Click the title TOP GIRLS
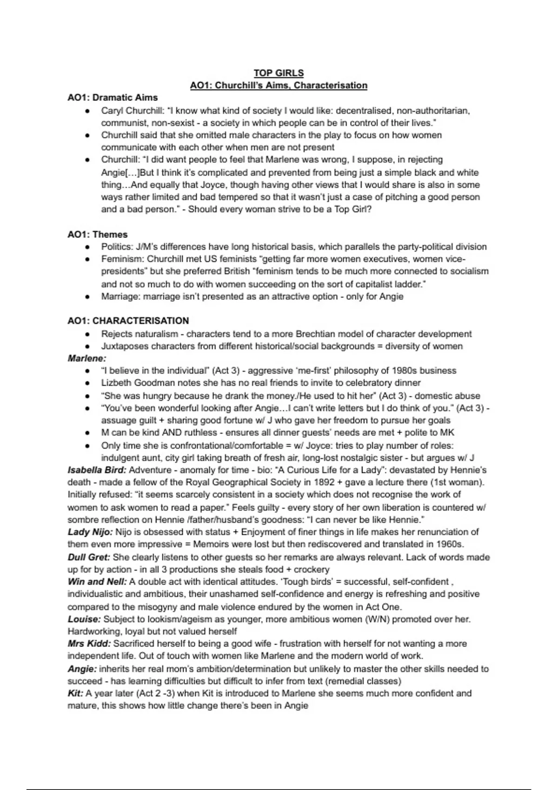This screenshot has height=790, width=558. pyautogui.click(x=279, y=73)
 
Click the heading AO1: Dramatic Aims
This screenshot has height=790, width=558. pyautogui.click(x=113, y=98)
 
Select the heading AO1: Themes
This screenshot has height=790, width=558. pyautogui.click(x=97, y=235)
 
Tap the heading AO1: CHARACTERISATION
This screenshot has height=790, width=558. pyautogui.click(x=128, y=321)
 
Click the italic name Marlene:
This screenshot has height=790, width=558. pyautogui.click(x=87, y=358)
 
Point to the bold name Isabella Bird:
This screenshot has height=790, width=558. pyautogui.click(x=97, y=470)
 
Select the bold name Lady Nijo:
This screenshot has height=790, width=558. pyautogui.click(x=90, y=532)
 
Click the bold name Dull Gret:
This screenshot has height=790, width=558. pyautogui.click(x=89, y=557)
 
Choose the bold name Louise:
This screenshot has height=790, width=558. pyautogui.click(x=84, y=619)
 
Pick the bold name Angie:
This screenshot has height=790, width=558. pyautogui.click(x=82, y=669)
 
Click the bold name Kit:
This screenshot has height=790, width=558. pyautogui.click(x=75, y=693)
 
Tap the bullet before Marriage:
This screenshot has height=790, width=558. pyautogui.click(x=87, y=297)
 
